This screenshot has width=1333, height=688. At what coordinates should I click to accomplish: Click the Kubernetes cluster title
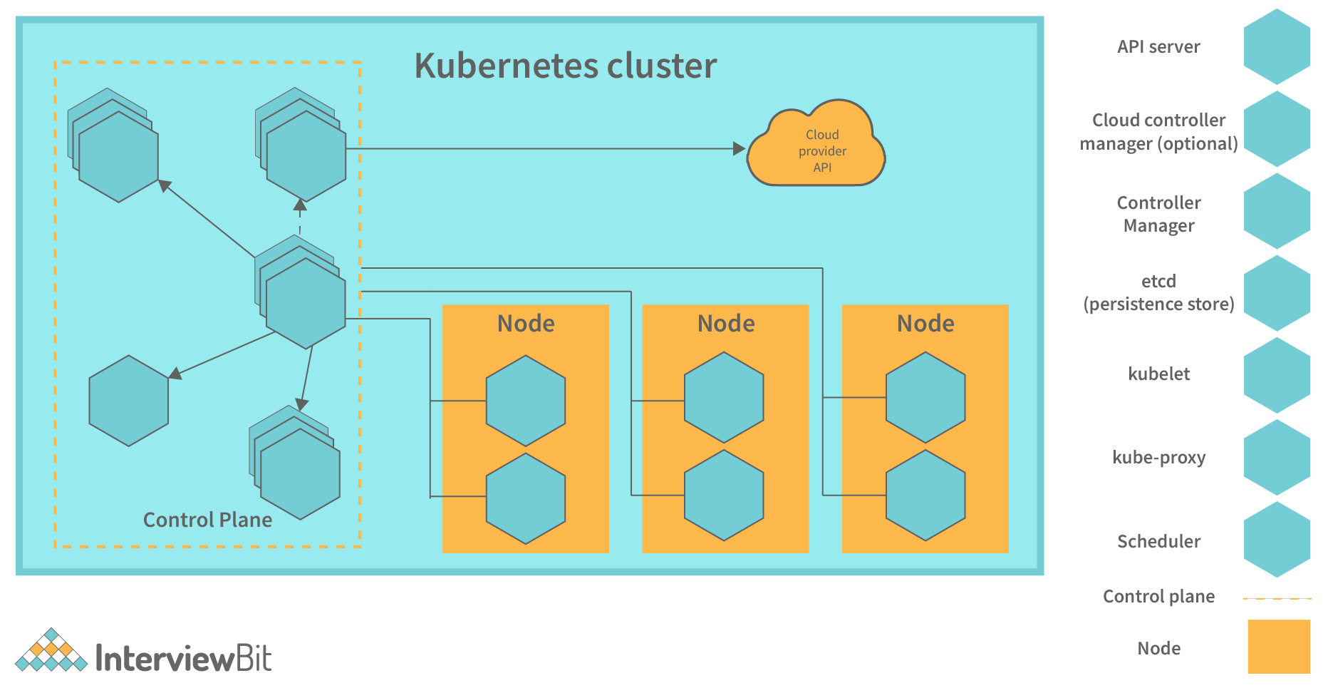tap(565, 66)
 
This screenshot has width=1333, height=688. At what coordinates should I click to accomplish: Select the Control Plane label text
tap(207, 520)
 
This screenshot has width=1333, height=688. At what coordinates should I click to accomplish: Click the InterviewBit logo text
tap(183, 658)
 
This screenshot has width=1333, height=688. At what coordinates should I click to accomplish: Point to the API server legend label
tap(1158, 47)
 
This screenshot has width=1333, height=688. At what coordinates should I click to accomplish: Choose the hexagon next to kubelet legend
tap(1277, 375)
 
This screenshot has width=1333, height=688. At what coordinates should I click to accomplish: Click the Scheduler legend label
tap(1158, 541)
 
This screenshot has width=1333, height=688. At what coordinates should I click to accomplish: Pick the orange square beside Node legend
tap(1278, 647)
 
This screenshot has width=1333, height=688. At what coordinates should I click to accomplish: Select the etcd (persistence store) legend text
tap(1158, 293)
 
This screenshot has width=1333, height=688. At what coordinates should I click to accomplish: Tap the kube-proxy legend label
tap(1158, 457)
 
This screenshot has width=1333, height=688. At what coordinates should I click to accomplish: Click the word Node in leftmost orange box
tap(526, 324)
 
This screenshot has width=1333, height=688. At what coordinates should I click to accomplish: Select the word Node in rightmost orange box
tap(925, 324)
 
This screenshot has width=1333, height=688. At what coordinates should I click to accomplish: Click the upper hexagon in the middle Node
tap(724, 397)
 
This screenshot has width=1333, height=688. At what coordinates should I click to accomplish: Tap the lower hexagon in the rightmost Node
tap(925, 495)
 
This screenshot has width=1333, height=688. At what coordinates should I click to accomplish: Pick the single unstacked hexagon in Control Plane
tap(129, 401)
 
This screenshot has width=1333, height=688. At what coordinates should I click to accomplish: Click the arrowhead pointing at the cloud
tap(740, 148)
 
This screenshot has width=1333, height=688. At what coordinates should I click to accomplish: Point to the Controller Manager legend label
tap(1158, 214)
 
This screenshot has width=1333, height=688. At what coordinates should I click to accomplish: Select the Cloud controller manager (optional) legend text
tap(1158, 132)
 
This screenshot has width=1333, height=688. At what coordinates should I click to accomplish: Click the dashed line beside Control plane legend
tap(1277, 598)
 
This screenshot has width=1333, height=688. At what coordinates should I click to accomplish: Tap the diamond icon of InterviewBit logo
tap(51, 651)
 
